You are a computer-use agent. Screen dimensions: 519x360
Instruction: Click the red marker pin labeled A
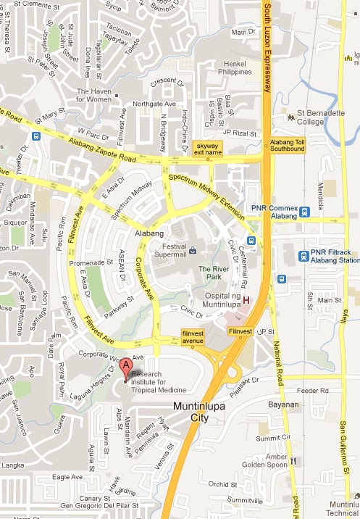tap(126, 368)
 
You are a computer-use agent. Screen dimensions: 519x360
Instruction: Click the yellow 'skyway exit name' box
tap(209, 149)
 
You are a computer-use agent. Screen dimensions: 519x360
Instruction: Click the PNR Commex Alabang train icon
tap(305, 212)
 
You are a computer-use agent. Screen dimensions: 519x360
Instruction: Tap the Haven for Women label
tap(94, 95)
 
